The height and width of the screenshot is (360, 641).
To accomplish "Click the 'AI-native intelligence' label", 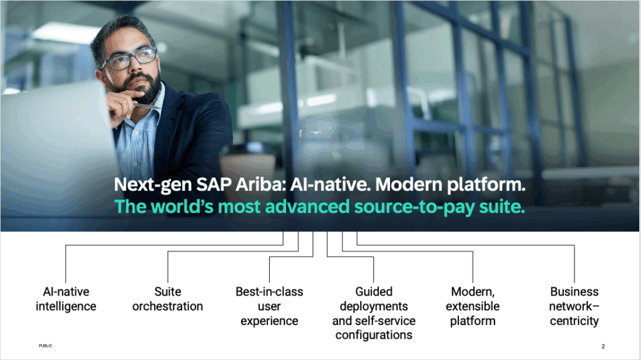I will tap(66, 299).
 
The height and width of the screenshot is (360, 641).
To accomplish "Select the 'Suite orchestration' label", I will tap(168, 299).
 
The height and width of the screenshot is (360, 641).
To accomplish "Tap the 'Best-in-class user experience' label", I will tap(269, 306).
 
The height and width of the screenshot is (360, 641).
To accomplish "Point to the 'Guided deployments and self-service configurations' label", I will tap(374, 313).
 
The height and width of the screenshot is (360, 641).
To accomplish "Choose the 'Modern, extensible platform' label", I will tap(473, 306).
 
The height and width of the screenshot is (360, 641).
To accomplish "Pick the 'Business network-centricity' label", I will tap(574, 306).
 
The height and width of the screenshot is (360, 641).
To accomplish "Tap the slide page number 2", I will tap(603, 346).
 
